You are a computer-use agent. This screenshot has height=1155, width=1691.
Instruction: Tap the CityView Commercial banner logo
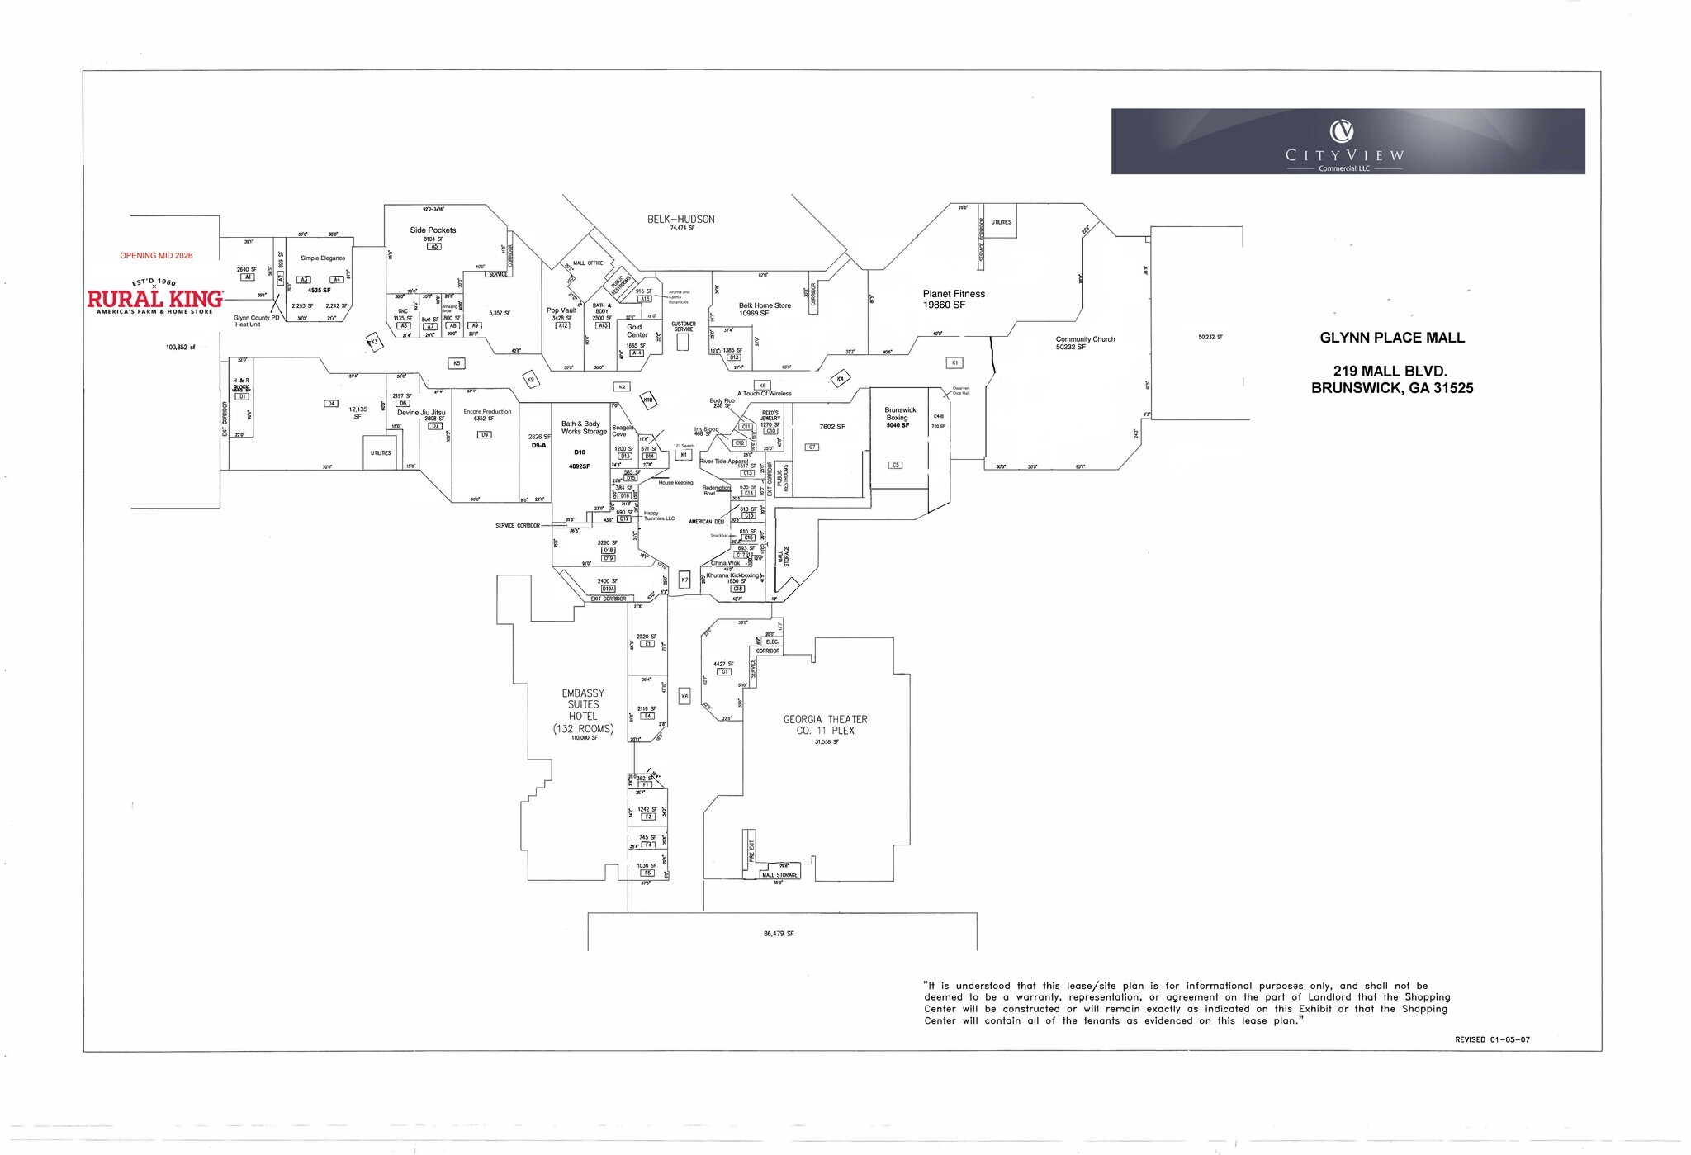tap(1348, 141)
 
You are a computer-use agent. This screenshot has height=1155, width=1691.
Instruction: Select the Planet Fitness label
tap(954, 299)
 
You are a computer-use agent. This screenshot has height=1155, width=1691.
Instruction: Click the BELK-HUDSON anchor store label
tap(680, 220)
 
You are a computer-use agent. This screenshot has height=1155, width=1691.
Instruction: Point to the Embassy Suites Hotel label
tap(583, 711)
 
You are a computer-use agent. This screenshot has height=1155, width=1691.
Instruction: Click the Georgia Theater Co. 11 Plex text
tap(825, 725)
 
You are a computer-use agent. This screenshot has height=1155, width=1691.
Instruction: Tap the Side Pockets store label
tap(433, 230)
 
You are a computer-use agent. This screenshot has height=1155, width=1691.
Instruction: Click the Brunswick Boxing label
tap(900, 414)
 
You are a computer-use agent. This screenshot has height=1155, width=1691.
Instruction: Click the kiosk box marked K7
tap(684, 580)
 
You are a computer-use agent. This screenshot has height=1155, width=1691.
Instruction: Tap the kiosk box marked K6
tap(684, 697)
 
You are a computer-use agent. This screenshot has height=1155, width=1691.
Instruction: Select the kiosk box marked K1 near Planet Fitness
tap(954, 363)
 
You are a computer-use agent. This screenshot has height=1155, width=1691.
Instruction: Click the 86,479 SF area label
tap(779, 934)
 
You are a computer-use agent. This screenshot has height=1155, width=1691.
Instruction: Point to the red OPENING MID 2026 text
tap(156, 256)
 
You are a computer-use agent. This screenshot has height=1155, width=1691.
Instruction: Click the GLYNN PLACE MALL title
tap(1392, 338)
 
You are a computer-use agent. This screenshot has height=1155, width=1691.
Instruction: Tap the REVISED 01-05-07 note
tap(1492, 1039)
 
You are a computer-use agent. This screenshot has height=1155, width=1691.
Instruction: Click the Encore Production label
tap(487, 411)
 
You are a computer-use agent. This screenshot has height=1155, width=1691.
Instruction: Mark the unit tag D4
tap(331, 404)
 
